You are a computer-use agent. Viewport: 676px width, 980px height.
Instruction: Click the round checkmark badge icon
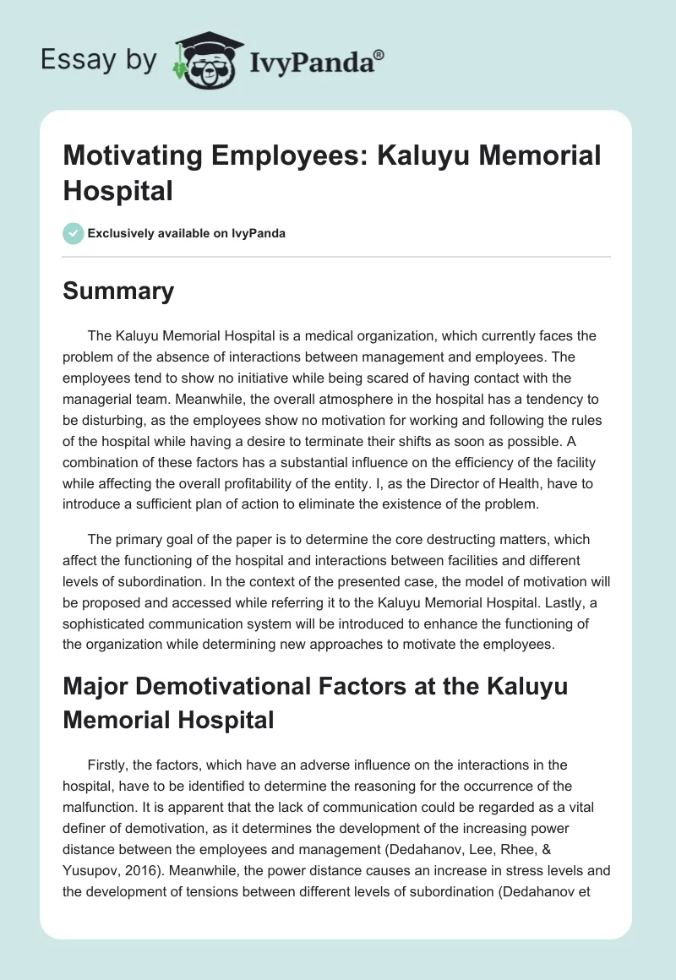click(x=74, y=233)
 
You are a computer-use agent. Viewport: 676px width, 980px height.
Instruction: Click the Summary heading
click(x=118, y=291)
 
